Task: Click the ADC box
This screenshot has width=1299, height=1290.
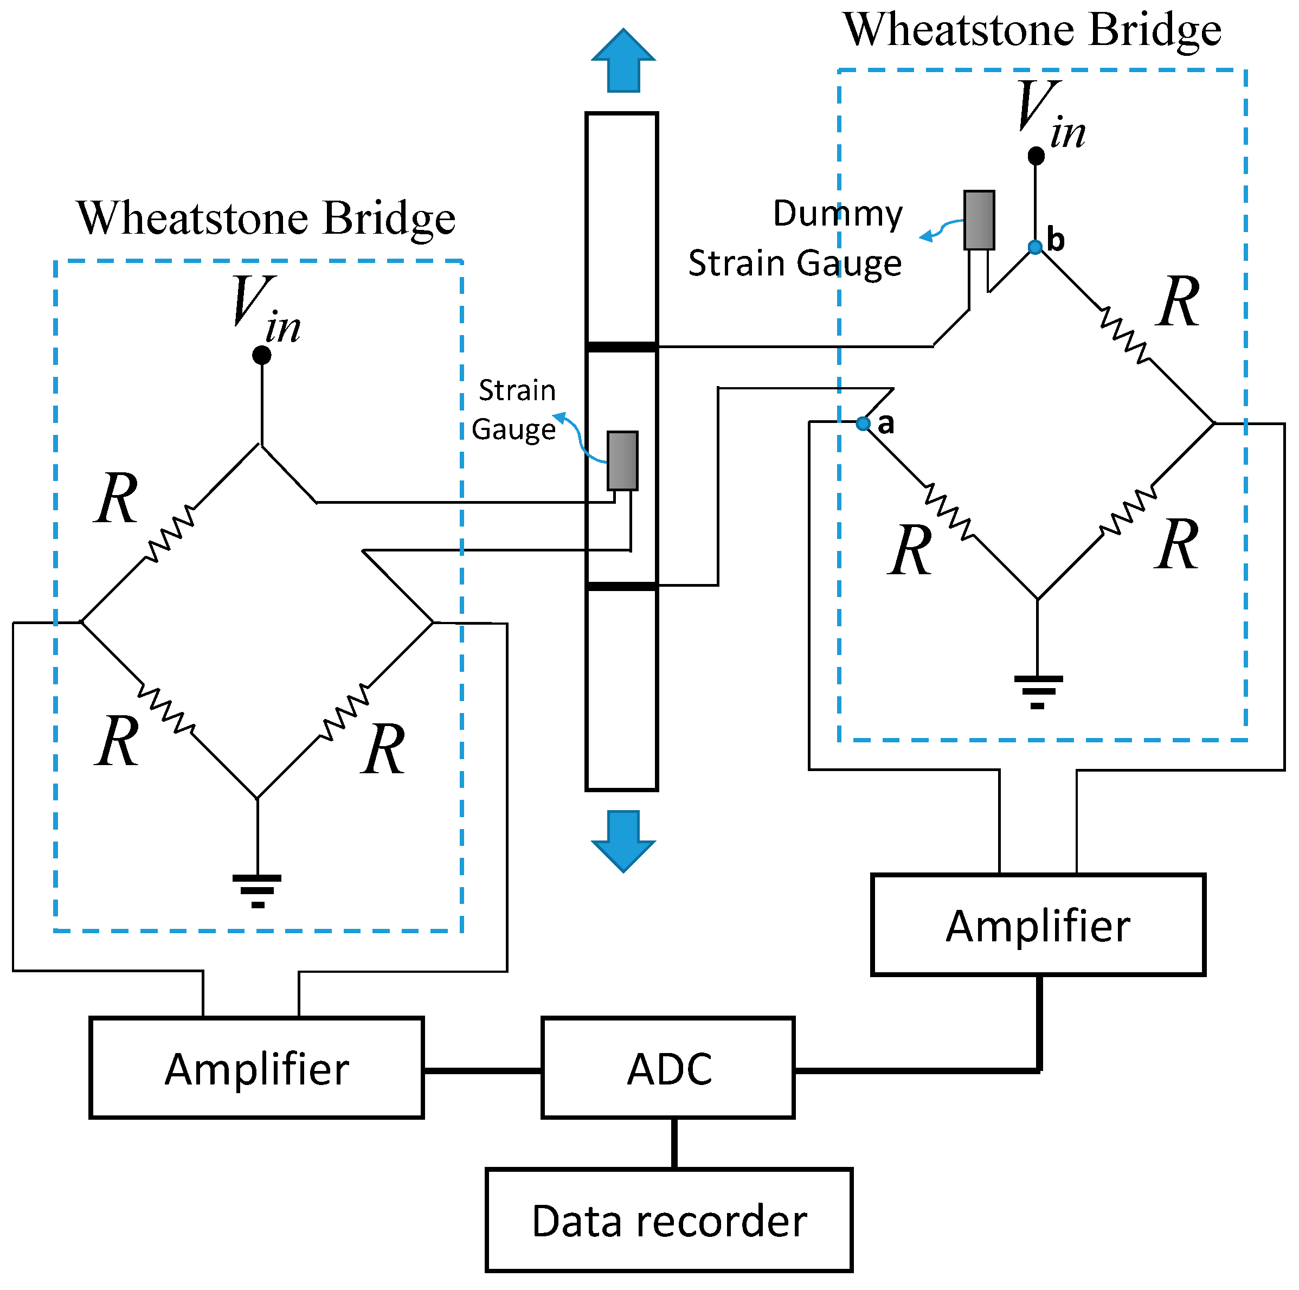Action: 667,1069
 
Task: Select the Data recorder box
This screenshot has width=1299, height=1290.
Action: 669,1220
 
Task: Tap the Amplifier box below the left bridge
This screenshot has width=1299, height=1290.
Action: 256,1069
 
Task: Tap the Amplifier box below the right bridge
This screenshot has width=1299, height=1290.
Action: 1038,925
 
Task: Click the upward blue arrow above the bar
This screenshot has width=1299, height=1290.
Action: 623,61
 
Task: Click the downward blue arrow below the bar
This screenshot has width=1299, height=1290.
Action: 623,840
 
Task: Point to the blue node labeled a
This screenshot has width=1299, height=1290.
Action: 863,423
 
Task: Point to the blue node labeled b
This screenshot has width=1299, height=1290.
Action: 1035,247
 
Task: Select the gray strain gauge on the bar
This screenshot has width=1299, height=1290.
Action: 622,461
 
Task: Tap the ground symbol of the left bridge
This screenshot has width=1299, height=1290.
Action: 257,890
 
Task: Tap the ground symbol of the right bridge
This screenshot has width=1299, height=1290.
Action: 1038,691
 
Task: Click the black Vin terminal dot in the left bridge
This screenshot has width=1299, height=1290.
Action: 261,355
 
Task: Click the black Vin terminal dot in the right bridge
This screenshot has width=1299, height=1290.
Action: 1036,156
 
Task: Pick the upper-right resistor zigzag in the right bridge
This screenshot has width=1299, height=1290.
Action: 1124,334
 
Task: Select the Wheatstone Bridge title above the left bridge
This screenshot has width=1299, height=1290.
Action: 266,218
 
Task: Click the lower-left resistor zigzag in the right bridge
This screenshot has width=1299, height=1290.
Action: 949,511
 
